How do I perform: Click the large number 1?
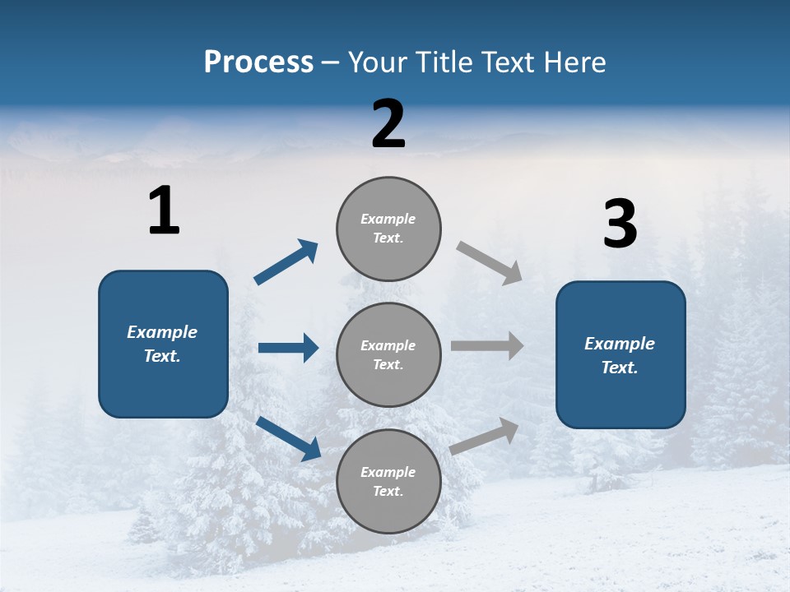click(x=164, y=211)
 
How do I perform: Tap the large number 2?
click(x=388, y=124)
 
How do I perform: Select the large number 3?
click(x=620, y=224)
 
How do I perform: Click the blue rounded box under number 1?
click(x=163, y=344)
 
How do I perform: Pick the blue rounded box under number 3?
click(x=620, y=355)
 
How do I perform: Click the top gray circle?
click(x=388, y=229)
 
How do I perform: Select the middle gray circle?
click(x=388, y=354)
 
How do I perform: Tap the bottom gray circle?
click(x=388, y=481)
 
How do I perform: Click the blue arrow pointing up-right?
click(x=286, y=261)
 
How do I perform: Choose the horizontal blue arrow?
click(x=288, y=348)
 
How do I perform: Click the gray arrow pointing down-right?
click(x=490, y=263)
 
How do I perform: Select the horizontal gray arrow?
click(x=487, y=346)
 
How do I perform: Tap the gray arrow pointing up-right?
click(x=485, y=436)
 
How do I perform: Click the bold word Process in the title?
click(x=258, y=62)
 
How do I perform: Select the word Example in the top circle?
click(x=388, y=219)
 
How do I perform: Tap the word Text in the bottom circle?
click(x=387, y=491)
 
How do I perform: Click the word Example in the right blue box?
click(x=620, y=344)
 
